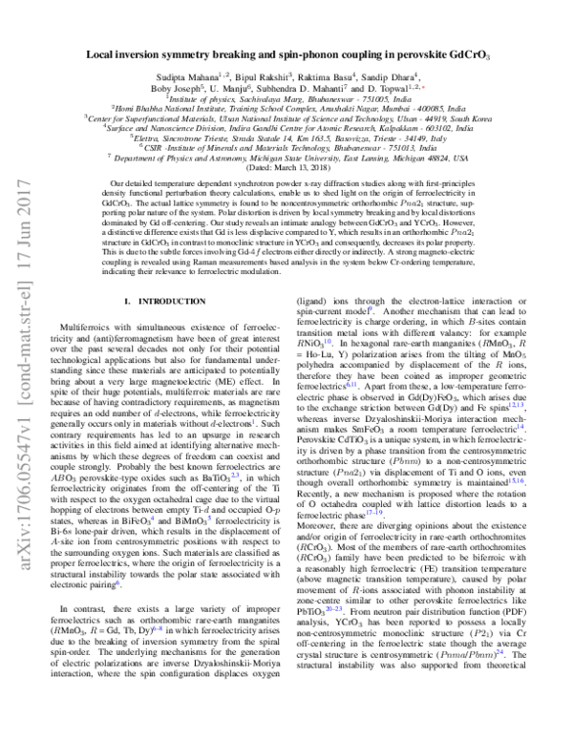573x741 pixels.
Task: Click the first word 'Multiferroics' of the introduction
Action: click(87, 327)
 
